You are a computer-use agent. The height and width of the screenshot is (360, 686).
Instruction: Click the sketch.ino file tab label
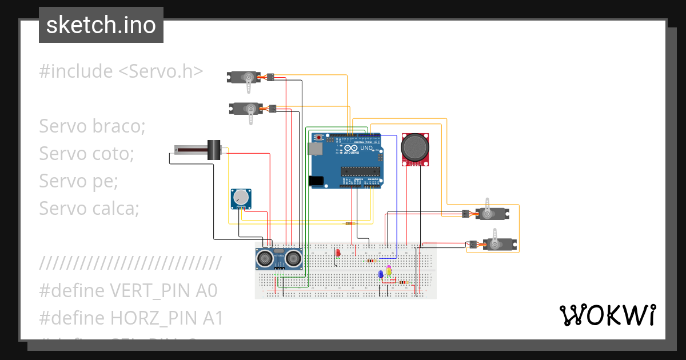101,25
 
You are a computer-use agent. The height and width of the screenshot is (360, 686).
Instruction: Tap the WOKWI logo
607,315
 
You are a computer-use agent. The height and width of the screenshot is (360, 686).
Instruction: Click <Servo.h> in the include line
161,71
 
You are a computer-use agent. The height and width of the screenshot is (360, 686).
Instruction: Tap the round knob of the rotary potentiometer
241,198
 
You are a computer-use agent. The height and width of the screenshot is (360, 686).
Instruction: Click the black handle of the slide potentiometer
214,150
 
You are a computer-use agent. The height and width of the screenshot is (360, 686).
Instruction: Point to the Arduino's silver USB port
314,149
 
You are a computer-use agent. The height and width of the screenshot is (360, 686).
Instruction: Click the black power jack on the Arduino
316,181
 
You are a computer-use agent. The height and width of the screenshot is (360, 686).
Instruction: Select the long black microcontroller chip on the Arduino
360,170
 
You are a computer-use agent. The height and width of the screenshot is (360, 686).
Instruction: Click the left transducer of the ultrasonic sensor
264,259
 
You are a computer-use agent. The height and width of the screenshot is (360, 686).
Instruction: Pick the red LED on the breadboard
338,252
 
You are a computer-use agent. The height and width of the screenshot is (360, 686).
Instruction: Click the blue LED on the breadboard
381,274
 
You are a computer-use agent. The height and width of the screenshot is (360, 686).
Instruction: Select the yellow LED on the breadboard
389,270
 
